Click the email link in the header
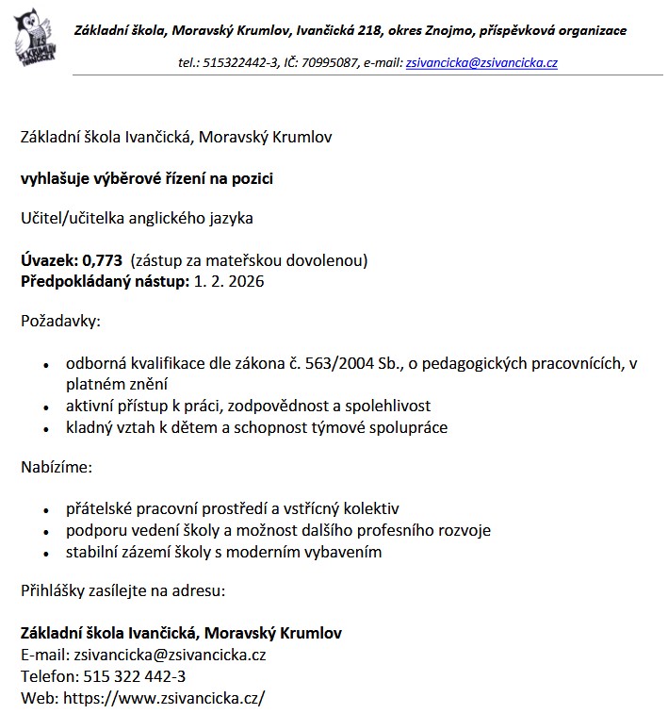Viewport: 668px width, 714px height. click(x=481, y=63)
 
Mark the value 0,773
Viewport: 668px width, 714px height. click(x=103, y=260)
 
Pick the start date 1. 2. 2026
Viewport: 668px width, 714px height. click(x=229, y=280)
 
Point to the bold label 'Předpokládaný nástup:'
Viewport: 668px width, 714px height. click(x=105, y=280)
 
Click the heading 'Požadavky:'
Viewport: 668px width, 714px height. click(x=60, y=322)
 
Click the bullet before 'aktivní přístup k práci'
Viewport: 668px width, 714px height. click(x=46, y=407)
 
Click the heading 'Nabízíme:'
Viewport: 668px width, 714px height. click(x=57, y=467)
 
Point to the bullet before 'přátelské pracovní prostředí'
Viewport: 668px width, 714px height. click(x=46, y=510)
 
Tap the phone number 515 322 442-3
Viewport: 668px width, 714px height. click(x=133, y=675)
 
